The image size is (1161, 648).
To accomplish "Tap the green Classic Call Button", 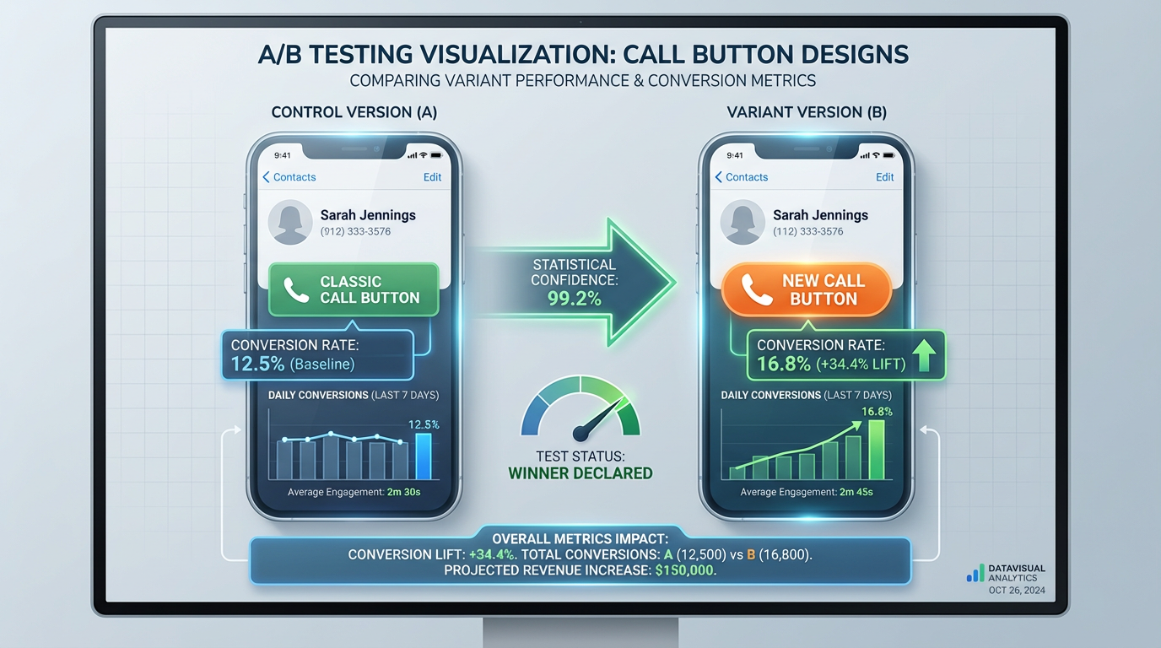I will (x=354, y=289).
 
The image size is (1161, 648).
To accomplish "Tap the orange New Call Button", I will (x=807, y=290).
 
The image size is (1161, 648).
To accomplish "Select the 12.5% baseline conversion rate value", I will (x=257, y=364).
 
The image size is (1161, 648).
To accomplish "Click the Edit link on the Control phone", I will (x=432, y=177).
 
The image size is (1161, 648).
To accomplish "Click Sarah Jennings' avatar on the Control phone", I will (x=290, y=222).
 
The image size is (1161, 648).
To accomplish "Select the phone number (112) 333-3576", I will (x=807, y=231).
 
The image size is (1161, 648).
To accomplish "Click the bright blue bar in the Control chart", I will (x=424, y=456).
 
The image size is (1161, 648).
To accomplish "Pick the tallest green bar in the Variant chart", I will (x=877, y=449).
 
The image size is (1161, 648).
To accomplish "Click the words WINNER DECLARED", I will (x=580, y=472).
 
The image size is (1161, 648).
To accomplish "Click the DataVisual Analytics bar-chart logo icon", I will (x=975, y=574).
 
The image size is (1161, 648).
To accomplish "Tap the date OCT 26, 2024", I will (x=1016, y=591).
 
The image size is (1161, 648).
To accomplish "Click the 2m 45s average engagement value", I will (x=856, y=492).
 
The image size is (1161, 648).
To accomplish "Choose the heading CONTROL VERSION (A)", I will (x=354, y=112).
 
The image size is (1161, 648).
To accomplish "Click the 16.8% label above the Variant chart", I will (x=877, y=412).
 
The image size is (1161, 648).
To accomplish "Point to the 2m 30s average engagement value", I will (x=404, y=492).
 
